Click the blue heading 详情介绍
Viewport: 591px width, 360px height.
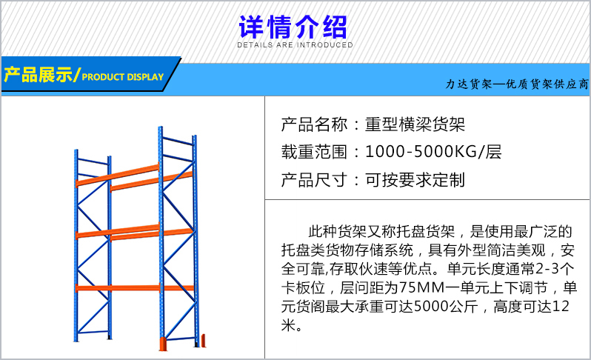pyautogui.click(x=293, y=27)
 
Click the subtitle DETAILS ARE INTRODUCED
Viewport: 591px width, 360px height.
pyautogui.click(x=295, y=45)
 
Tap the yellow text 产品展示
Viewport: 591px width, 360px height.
pyautogui.click(x=38, y=75)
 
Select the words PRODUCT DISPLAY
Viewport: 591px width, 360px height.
pyautogui.click(x=123, y=77)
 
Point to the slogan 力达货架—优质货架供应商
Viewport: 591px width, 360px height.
pyautogui.click(x=517, y=84)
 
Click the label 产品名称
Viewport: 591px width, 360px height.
pyautogui.click(x=314, y=124)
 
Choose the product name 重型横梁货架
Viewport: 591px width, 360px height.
pyautogui.click(x=415, y=124)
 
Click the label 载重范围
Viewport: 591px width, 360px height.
pyautogui.click(x=314, y=152)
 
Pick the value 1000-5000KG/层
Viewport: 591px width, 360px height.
pyautogui.click(x=433, y=152)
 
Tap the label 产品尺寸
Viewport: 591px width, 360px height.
pyautogui.click(x=314, y=180)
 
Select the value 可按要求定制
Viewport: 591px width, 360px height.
pyautogui.click(x=415, y=180)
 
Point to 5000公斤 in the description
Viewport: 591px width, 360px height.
pyautogui.click(x=446, y=307)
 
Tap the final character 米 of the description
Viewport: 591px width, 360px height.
pyautogui.click(x=288, y=325)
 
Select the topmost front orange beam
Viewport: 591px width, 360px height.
pyautogui.click(x=117, y=176)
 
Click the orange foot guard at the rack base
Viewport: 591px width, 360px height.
pyautogui.click(x=163, y=344)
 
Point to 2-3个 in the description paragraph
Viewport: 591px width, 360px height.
pyautogui.click(x=555, y=269)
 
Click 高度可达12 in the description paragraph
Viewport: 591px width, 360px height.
pyautogui.click(x=532, y=307)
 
